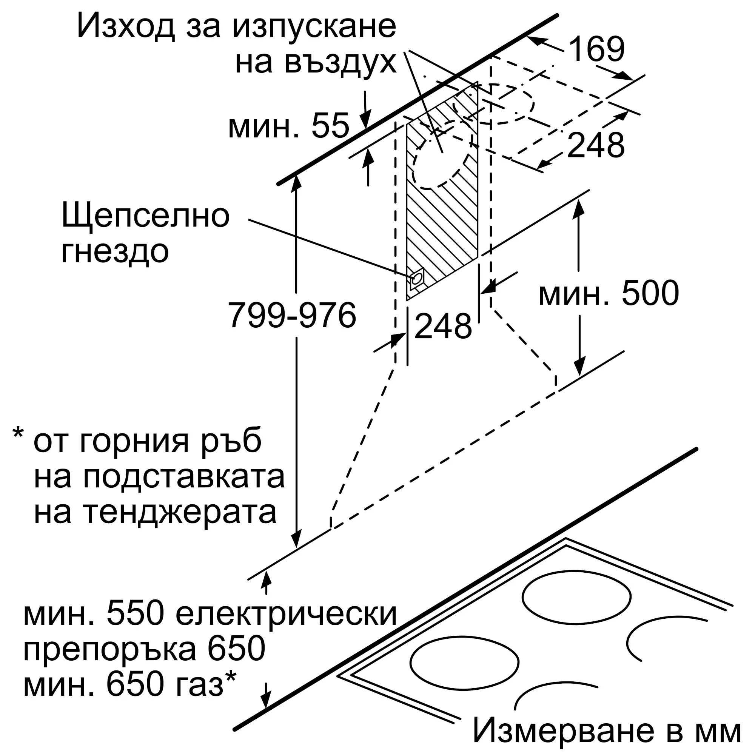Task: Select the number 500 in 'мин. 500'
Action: point(650,293)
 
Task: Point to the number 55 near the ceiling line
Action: point(331,126)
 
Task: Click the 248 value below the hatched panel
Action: point(443,326)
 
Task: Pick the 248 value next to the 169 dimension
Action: point(595,145)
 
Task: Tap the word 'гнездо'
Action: point(115,252)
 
